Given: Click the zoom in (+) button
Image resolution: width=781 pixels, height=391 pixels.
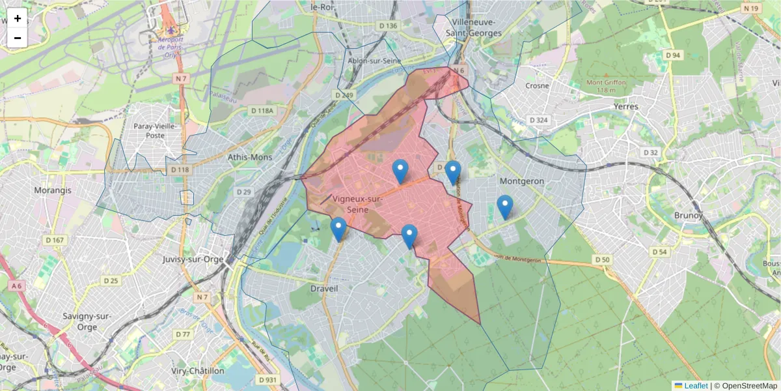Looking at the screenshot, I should click(18, 18).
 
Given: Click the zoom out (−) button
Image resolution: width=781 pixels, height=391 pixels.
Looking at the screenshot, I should click(18, 38).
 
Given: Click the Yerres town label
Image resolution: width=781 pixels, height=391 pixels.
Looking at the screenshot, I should click(626, 106).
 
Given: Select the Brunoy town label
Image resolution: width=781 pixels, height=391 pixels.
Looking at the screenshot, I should click(689, 215).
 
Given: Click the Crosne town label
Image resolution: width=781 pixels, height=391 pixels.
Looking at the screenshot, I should click(538, 85).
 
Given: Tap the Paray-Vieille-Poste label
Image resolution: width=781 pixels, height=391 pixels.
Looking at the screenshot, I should click(158, 130).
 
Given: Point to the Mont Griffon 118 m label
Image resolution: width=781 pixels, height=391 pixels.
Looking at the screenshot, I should click(606, 87).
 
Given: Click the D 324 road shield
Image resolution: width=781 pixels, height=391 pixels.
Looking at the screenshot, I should click(539, 120).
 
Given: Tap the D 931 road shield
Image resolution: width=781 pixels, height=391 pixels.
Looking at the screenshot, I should click(267, 379).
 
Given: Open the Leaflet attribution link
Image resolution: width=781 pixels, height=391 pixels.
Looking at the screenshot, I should click(695, 386).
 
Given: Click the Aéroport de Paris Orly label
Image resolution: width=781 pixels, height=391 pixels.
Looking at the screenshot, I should click(171, 47).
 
